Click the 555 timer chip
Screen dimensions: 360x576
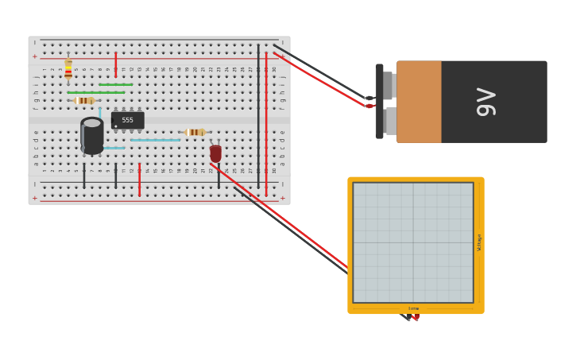tap(127, 120)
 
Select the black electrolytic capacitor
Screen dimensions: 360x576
tap(92, 136)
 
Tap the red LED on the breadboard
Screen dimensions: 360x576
tap(215, 153)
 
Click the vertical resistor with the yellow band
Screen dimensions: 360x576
tap(68, 69)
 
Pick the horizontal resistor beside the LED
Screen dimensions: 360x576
tap(195, 132)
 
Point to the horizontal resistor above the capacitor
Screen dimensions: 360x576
tap(84, 100)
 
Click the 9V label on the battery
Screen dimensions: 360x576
tap(485, 102)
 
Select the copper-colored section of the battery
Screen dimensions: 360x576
tap(419, 102)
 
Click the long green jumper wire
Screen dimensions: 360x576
tap(95, 92)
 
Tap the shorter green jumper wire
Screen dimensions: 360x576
tap(115, 84)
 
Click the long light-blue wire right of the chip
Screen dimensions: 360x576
tap(155, 140)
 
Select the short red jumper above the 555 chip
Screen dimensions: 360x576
tap(116, 64)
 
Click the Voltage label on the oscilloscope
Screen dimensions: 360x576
tap(479, 242)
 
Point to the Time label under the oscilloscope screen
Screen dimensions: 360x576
tap(413, 308)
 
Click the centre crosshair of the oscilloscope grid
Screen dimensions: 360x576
tap(413, 242)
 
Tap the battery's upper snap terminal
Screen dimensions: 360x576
tap(388, 85)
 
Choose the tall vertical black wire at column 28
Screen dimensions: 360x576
tap(258, 115)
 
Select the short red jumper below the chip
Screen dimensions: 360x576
tap(140, 180)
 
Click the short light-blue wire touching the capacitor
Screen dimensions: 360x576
tap(114, 148)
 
